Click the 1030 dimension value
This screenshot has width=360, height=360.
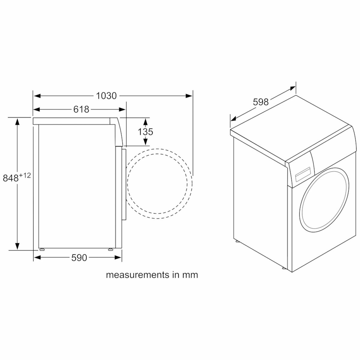[106, 96]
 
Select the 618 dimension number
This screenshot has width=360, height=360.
[81, 109]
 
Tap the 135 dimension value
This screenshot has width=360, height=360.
[145, 131]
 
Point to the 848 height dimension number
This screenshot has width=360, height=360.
[10, 178]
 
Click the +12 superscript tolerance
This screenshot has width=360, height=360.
[25, 175]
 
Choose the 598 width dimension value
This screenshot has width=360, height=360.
[260, 102]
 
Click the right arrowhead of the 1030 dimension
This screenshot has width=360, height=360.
[189, 96]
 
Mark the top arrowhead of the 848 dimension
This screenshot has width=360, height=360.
[18, 121]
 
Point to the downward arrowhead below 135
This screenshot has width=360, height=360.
[145, 141]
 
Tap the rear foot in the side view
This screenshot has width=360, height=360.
[41, 249]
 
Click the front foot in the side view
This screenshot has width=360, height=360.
[111, 249]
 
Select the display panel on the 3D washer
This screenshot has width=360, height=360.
[301, 176]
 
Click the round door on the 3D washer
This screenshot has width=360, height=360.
[324, 199]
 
